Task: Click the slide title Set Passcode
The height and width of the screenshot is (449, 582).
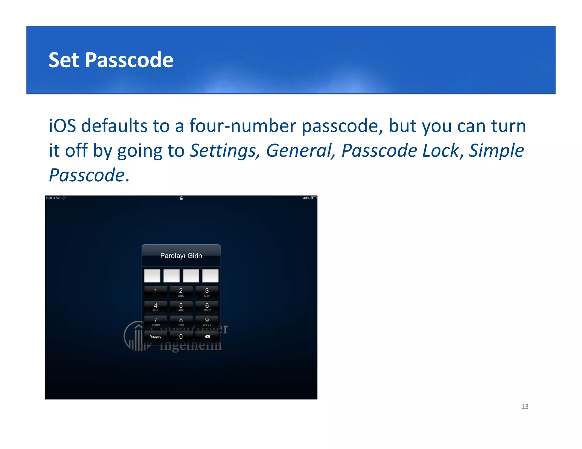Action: (x=111, y=60)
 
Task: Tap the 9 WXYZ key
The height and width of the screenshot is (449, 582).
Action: (x=207, y=321)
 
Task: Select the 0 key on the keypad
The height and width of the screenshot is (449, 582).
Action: (x=181, y=337)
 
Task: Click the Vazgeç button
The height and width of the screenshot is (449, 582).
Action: (x=155, y=337)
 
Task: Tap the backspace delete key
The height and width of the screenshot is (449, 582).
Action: (x=207, y=337)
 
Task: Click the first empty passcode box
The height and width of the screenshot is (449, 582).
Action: (x=152, y=276)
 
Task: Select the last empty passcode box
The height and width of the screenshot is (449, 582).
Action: (x=210, y=276)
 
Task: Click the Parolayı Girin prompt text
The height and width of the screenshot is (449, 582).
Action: (x=181, y=256)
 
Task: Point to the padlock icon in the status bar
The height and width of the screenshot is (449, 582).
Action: (x=181, y=198)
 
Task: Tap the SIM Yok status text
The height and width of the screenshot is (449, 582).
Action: (x=53, y=198)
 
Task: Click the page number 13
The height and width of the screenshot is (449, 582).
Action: (x=525, y=406)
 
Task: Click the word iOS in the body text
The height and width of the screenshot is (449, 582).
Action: (x=62, y=126)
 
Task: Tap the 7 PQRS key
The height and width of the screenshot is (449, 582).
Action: (x=155, y=321)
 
